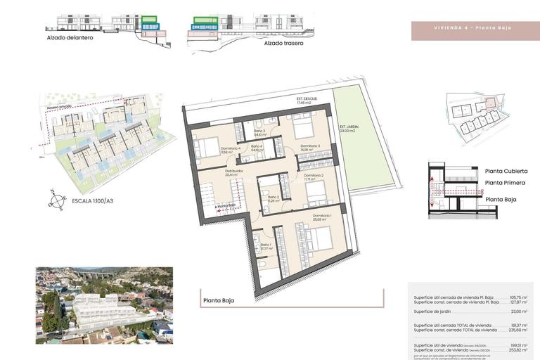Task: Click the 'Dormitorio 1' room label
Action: tap(322, 216)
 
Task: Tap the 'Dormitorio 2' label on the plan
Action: tap(313, 175)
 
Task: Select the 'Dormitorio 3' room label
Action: tap(310, 146)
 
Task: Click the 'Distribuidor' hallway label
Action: tap(234, 171)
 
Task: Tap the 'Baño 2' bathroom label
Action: tap(274, 198)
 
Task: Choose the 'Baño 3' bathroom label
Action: tap(259, 131)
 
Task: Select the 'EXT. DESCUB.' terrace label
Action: tap(307, 98)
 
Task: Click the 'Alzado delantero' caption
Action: tap(70, 38)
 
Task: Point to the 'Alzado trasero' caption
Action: tap(283, 43)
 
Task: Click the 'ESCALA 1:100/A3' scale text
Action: tap(98, 200)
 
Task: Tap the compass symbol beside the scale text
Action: tap(56, 200)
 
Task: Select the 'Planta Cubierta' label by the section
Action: tap(506, 171)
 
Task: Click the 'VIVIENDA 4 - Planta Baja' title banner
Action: tap(472, 27)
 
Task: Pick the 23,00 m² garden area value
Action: tap(520, 311)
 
